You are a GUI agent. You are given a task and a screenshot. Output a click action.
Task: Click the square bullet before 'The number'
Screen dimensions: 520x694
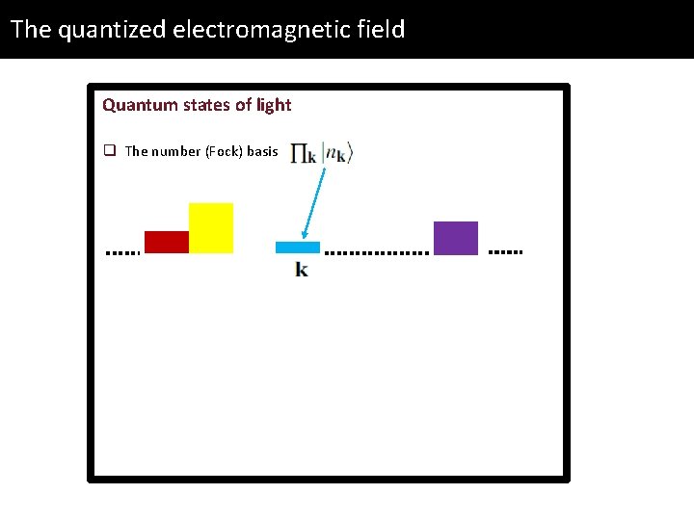[110, 151]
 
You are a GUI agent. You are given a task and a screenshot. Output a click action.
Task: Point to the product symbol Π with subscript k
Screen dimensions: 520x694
[304, 153]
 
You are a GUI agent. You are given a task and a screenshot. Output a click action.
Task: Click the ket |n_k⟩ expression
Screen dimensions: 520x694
[338, 153]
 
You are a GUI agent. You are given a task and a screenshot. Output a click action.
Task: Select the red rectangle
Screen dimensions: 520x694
[166, 242]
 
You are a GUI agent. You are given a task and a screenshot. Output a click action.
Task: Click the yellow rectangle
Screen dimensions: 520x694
[211, 228]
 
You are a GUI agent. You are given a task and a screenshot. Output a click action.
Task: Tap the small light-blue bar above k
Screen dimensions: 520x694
[297, 247]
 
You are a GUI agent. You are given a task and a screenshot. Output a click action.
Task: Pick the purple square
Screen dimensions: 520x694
[456, 238]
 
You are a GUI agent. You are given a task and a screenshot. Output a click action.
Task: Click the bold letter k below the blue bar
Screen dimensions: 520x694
[302, 270]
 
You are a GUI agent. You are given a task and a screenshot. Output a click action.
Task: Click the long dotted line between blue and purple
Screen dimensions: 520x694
[377, 253]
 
